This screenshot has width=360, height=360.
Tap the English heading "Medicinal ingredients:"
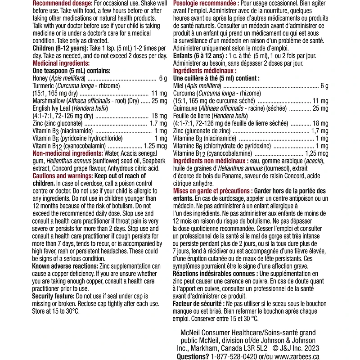pos(61,63)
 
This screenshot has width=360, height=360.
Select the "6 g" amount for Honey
pos(163,78)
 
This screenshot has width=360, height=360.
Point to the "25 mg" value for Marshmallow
pos(159,101)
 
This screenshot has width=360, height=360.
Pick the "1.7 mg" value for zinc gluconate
pos(158,123)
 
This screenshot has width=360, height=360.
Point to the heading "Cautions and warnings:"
pos(63,176)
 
